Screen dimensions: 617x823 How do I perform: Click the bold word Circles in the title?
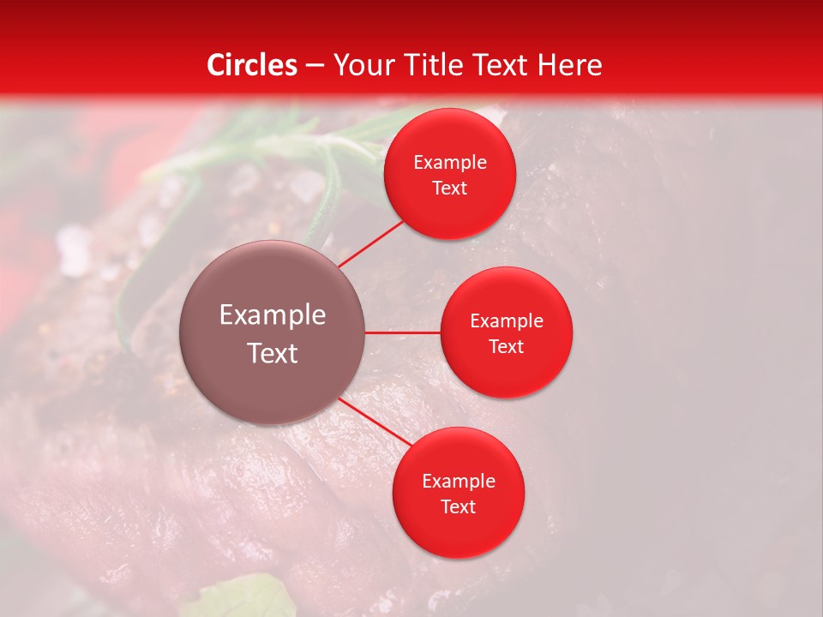[251, 65]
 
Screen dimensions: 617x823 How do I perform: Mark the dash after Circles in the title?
[314, 66]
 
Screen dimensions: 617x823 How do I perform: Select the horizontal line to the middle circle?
[403, 332]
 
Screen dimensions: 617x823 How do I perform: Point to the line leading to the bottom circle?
[375, 422]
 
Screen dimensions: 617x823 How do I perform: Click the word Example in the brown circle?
[273, 315]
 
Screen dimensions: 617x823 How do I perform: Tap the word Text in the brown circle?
[273, 353]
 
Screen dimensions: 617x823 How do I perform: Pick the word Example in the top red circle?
[450, 163]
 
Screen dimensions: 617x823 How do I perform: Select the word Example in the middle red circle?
[507, 321]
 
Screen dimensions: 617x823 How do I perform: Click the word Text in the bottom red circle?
[458, 507]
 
